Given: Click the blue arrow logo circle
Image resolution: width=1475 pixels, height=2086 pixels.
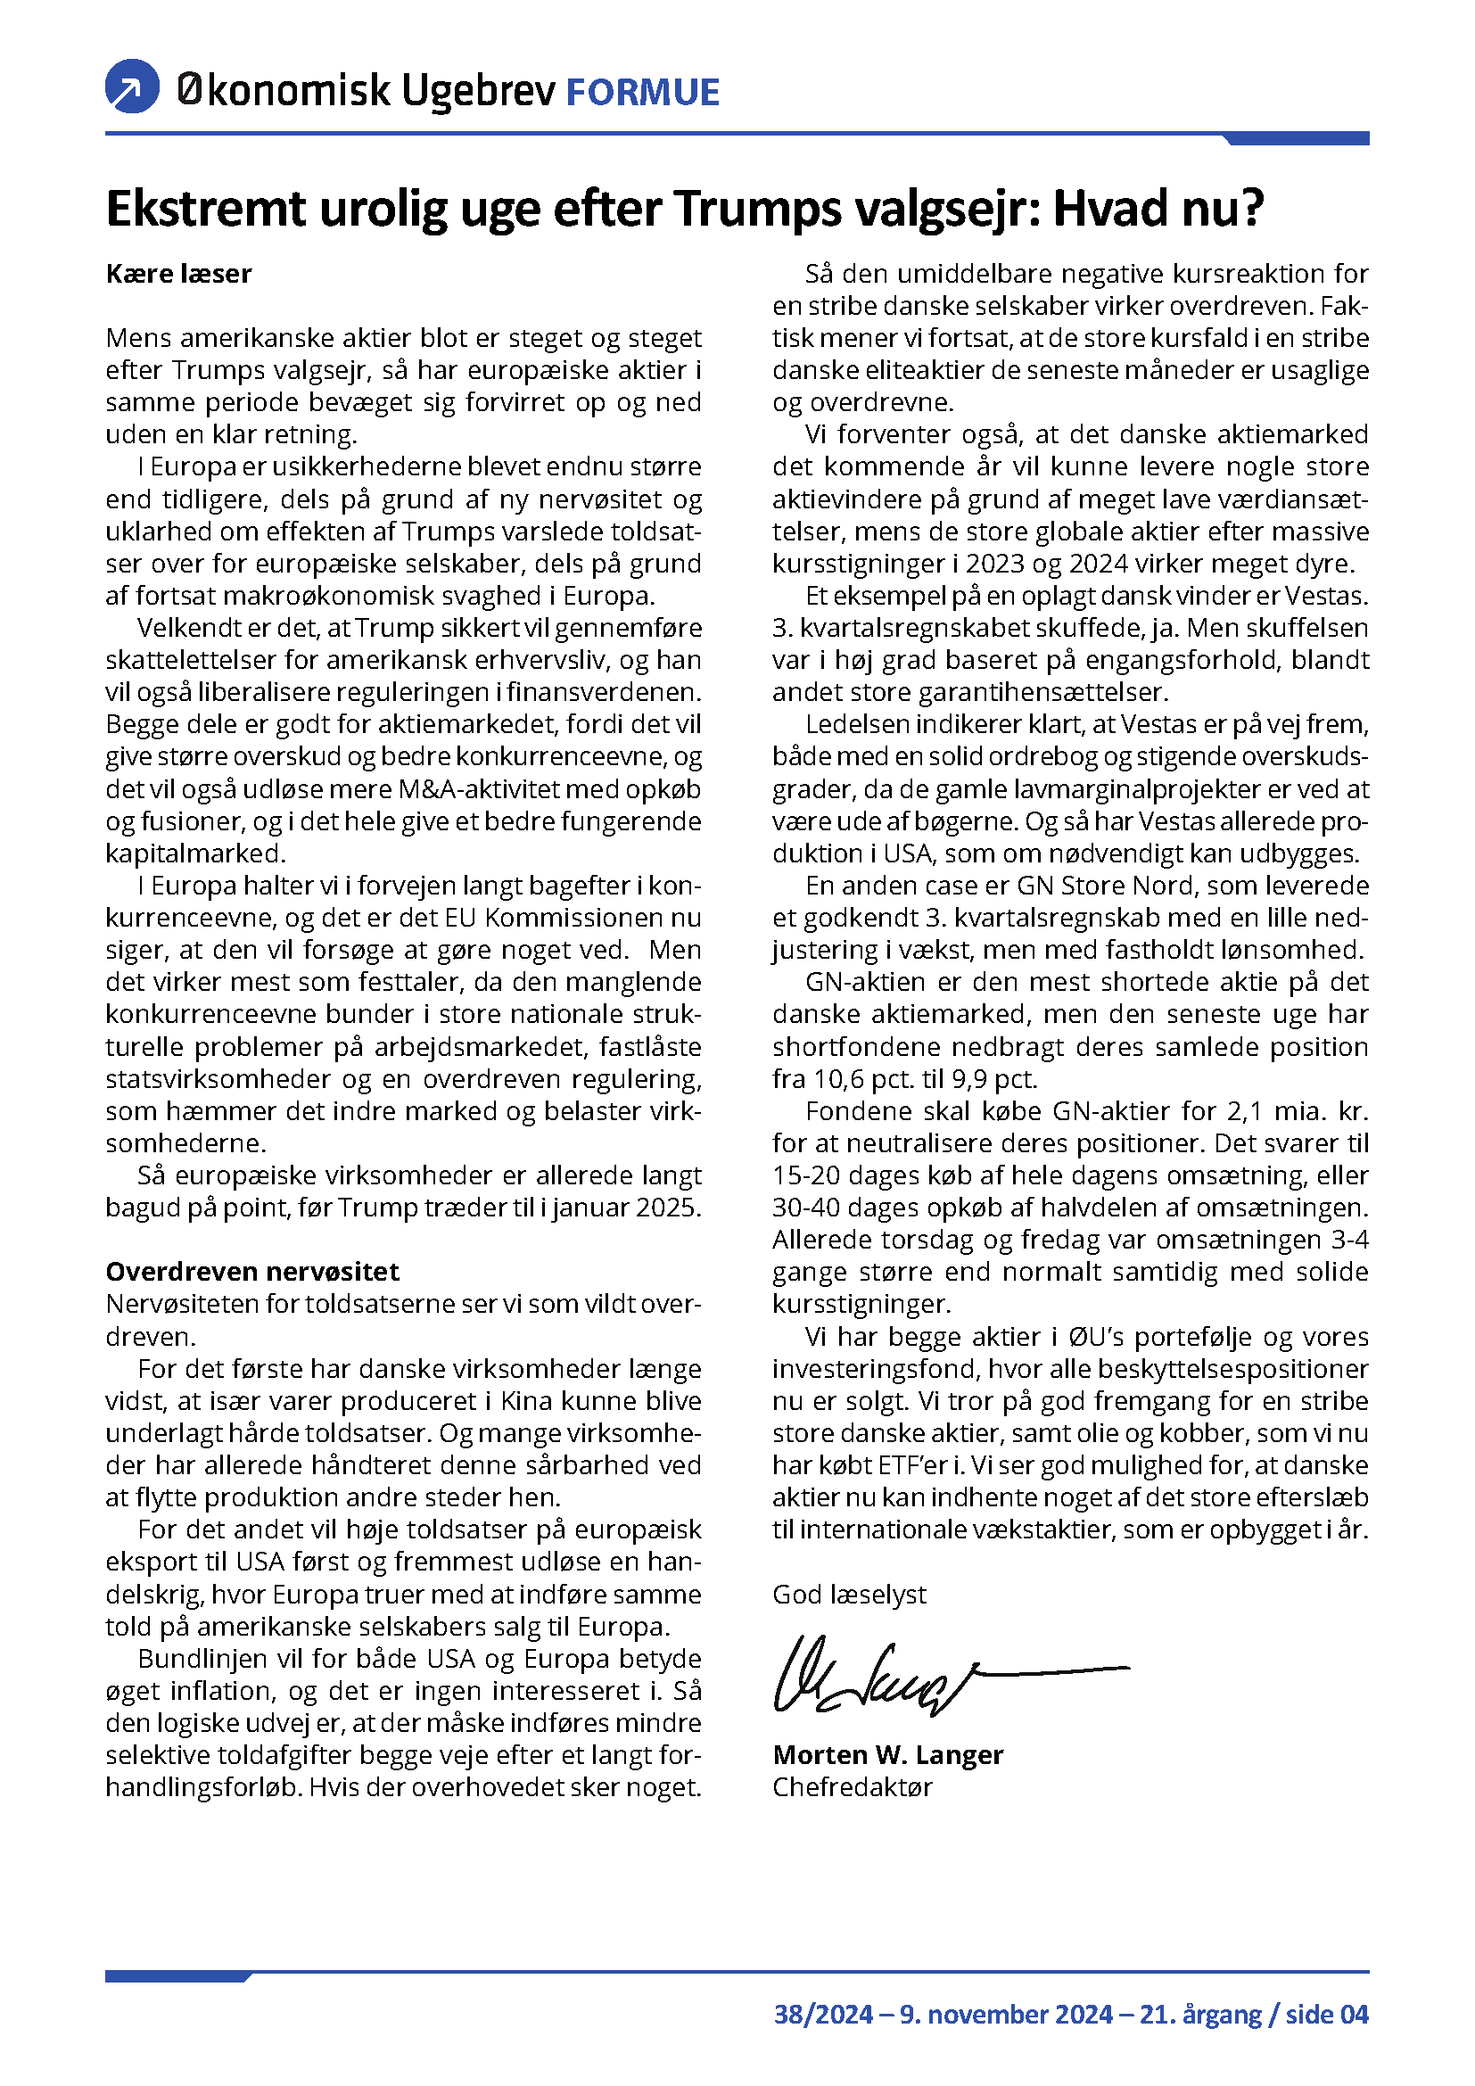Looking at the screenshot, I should pyautogui.click(x=133, y=87).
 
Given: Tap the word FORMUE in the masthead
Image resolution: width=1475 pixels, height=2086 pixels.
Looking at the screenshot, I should pyautogui.click(x=642, y=93).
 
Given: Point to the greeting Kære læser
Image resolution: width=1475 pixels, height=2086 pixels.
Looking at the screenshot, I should pyautogui.click(x=178, y=274).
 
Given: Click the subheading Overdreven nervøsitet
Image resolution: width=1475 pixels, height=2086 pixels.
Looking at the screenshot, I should pyautogui.click(x=252, y=1271).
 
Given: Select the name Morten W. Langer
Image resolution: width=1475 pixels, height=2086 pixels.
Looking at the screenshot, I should pyautogui.click(x=887, y=1754).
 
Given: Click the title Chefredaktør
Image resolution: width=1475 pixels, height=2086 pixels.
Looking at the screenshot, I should pyautogui.click(x=852, y=1787).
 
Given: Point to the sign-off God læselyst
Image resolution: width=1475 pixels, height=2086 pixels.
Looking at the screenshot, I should pyautogui.click(x=849, y=1595).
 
